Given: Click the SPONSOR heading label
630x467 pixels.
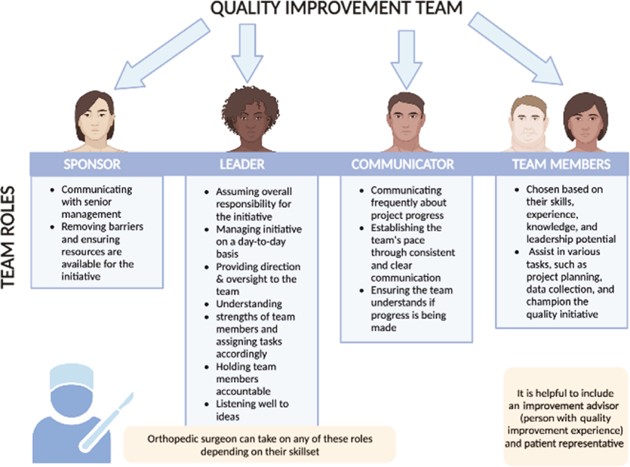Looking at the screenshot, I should click(x=92, y=164).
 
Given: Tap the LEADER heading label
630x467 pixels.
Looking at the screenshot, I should click(x=242, y=164).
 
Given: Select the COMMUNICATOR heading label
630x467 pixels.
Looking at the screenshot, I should click(x=402, y=164).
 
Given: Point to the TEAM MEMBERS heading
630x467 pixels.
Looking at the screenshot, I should click(x=561, y=164).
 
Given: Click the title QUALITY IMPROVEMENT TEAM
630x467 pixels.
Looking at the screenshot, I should click(x=337, y=8).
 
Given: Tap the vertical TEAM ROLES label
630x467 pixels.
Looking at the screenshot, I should click(x=8, y=237).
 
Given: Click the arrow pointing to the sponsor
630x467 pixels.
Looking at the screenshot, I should click(x=162, y=54).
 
